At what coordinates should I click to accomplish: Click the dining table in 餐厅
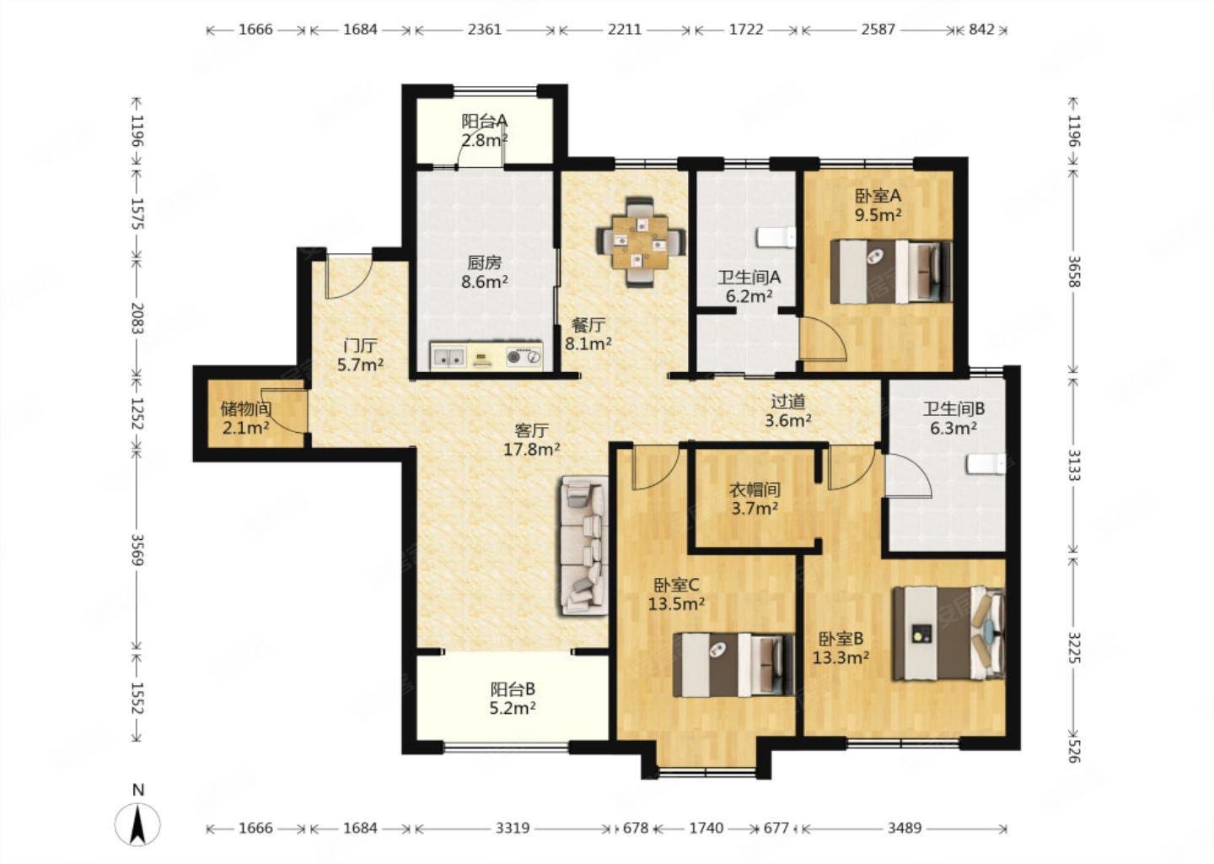click(x=641, y=242)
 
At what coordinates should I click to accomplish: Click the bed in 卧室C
click(x=733, y=664)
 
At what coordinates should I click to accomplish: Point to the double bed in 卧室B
click(x=948, y=633)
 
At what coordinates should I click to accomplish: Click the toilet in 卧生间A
click(x=776, y=237)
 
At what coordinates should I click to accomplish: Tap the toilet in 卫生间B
click(x=986, y=465)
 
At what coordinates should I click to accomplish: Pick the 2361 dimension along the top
click(x=485, y=29)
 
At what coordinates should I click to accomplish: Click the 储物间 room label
click(x=246, y=408)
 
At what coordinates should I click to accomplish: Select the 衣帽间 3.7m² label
click(x=755, y=499)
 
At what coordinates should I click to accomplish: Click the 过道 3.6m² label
click(x=788, y=411)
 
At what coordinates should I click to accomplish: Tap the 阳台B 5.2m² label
click(x=513, y=698)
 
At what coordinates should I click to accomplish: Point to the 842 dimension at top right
click(x=981, y=29)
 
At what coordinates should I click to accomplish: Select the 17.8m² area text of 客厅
click(x=532, y=449)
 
